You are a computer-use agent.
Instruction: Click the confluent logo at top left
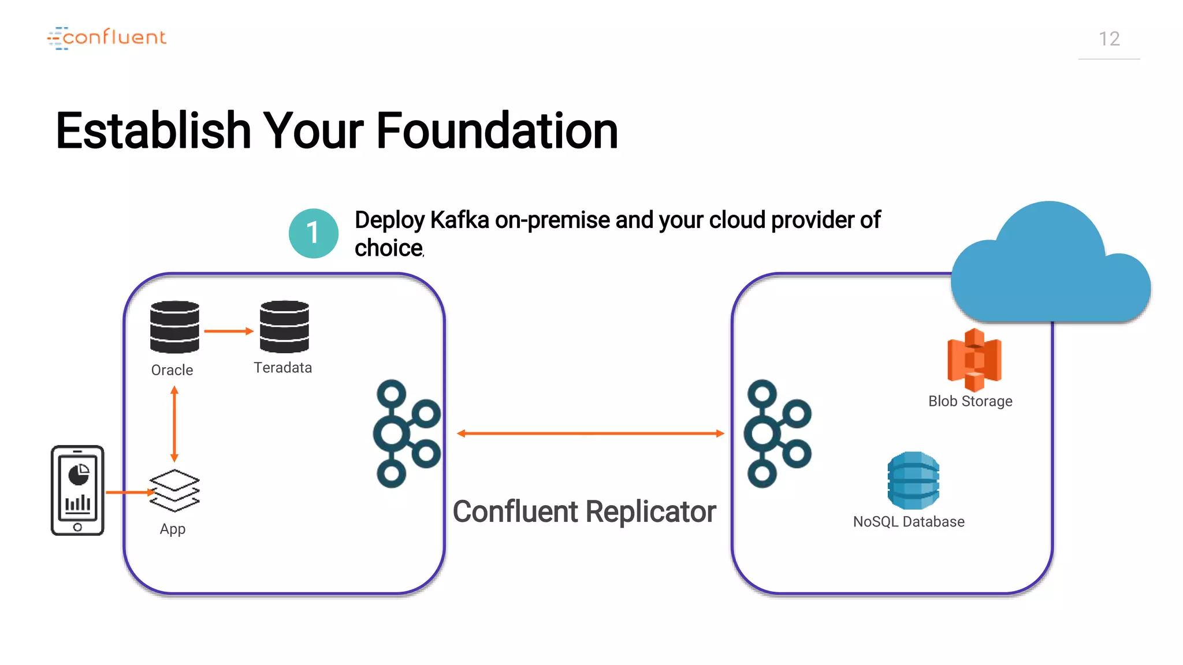[107, 38]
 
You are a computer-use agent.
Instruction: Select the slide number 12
[1108, 39]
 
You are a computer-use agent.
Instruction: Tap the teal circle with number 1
[314, 233]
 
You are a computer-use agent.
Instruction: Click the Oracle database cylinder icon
[174, 327]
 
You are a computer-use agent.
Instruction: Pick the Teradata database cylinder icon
[284, 327]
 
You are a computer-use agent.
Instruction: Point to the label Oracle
[172, 370]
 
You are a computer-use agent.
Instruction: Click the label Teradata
[282, 368]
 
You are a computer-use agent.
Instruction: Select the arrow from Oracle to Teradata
[229, 331]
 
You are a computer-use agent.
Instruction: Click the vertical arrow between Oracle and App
[174, 424]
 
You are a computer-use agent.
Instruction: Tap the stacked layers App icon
[174, 490]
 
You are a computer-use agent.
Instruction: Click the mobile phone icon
[77, 490]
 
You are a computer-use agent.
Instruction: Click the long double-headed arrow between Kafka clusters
[590, 433]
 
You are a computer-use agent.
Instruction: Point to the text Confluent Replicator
[584, 511]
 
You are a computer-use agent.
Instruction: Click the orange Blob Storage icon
[974, 360]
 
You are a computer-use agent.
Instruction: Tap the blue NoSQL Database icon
[913, 480]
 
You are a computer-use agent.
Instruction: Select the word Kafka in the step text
[459, 221]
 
